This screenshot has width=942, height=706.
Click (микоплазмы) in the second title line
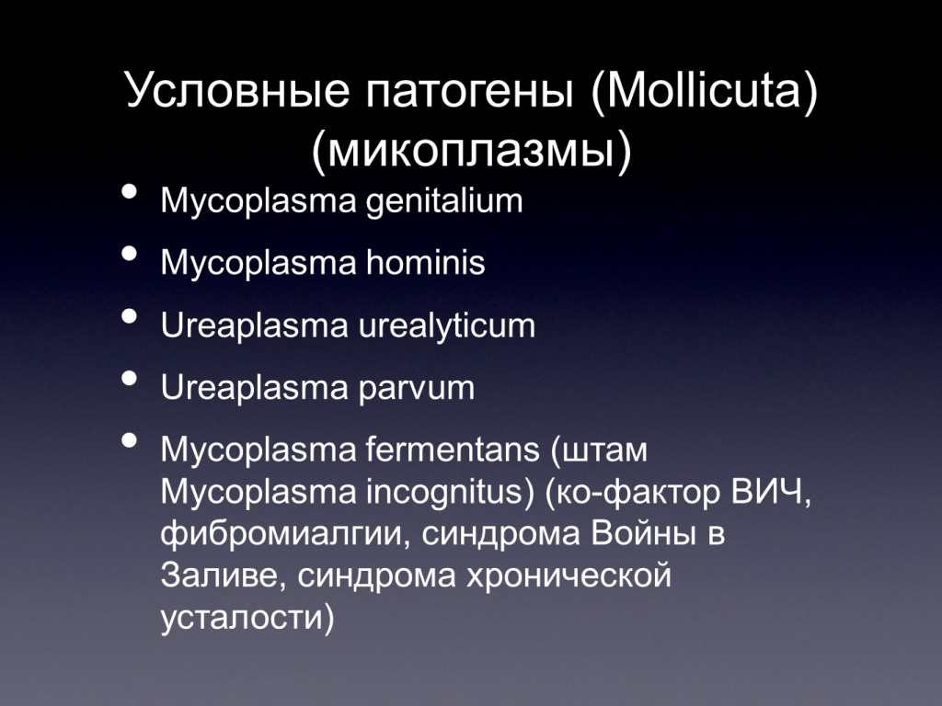click(472, 151)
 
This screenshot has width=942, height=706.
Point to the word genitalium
click(444, 201)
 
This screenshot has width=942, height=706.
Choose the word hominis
click(425, 262)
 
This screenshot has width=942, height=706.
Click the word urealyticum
click(446, 326)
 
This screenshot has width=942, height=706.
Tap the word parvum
click(417, 389)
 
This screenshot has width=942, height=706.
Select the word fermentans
click(453, 450)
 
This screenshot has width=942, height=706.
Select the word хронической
click(568, 576)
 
